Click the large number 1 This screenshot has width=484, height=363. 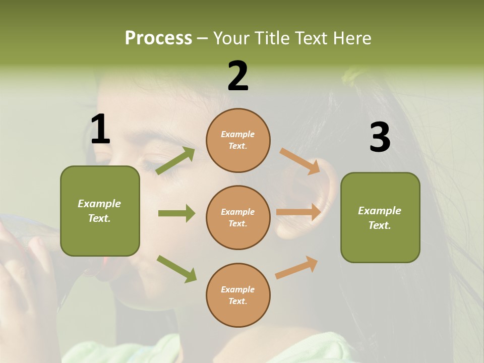coord(100,130)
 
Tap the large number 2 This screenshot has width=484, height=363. coord(238,76)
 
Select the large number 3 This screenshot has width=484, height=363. coord(380,138)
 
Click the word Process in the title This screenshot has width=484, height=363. coord(158,38)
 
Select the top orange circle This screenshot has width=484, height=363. coord(238,140)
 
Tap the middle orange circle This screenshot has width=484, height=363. coord(238,217)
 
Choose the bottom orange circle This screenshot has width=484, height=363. coord(238,295)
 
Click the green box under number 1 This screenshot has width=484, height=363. coord(100,211)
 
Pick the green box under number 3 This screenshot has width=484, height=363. coord(380,217)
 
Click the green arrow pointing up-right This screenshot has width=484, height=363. coord(175,161)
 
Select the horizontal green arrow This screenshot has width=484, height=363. coord(176,213)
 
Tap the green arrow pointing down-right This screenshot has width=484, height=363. coord(176,269)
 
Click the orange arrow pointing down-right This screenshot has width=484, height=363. coord(300,161)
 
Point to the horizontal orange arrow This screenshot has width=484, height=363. coord(298,212)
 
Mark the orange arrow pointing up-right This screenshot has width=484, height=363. coord(296,268)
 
